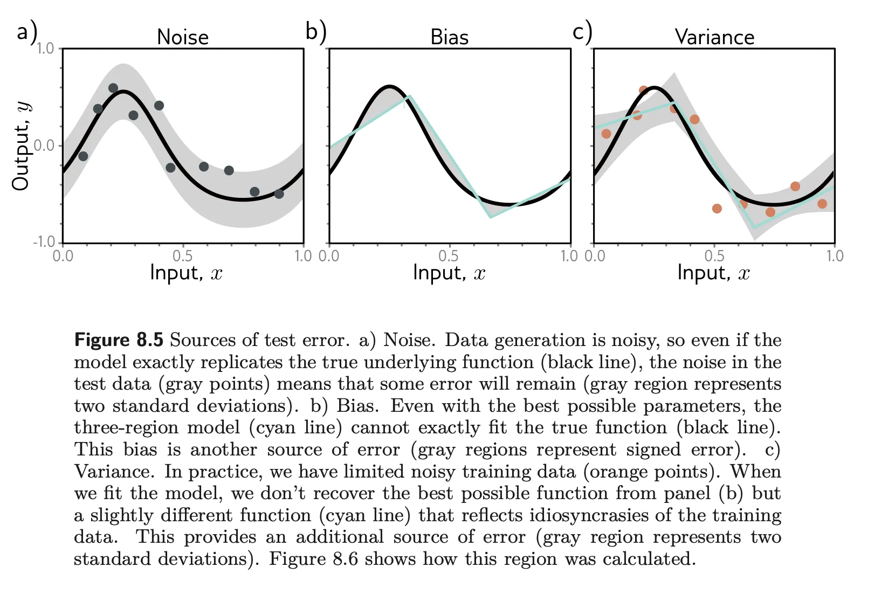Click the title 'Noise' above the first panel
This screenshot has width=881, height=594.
click(x=182, y=37)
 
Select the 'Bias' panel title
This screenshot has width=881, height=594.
click(x=449, y=37)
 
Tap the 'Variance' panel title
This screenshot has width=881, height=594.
click(x=714, y=37)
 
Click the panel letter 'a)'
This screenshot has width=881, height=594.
click(x=26, y=31)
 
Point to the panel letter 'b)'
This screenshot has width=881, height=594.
click(x=315, y=31)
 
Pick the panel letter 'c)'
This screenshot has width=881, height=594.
click(x=582, y=31)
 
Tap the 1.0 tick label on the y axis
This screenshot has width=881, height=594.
click(x=45, y=49)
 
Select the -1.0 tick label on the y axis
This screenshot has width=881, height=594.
click(x=44, y=242)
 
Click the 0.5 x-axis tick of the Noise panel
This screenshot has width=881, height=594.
click(x=183, y=255)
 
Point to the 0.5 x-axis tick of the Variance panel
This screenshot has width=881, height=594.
click(x=714, y=255)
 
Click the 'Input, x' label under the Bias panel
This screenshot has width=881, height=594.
click(x=449, y=273)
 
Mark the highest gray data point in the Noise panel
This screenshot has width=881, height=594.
click(x=113, y=88)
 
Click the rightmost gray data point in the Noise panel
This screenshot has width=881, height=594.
click(x=279, y=194)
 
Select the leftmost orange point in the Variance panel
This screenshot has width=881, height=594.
click(x=606, y=134)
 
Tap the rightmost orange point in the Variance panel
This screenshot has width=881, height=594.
click(x=822, y=204)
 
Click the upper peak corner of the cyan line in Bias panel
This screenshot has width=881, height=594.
click(x=410, y=96)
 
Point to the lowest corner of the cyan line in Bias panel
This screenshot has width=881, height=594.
click(x=490, y=217)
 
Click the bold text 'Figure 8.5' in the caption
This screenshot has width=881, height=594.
click(x=119, y=340)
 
